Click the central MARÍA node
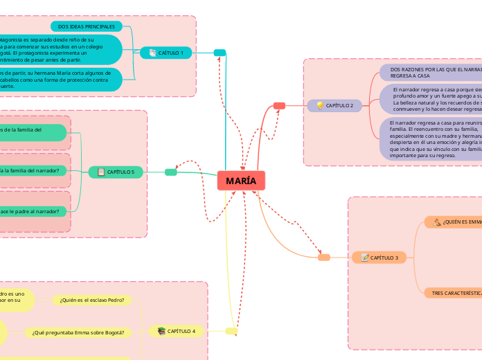(241, 181)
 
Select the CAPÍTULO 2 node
(334, 105)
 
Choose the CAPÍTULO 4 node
(177, 332)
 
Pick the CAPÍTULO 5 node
(116, 172)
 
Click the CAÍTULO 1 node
(167, 53)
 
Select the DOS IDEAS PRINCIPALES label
(87, 26)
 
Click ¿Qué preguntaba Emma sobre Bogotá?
(78, 332)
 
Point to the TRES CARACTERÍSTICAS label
(454, 294)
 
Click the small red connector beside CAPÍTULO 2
(279, 105)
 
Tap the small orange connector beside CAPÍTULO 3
(323, 258)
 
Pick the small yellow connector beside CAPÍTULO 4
(231, 331)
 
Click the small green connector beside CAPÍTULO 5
(171, 172)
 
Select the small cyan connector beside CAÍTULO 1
(220, 53)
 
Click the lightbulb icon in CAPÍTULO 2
(319, 105)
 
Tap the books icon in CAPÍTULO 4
(161, 332)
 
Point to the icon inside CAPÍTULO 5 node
(101, 172)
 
